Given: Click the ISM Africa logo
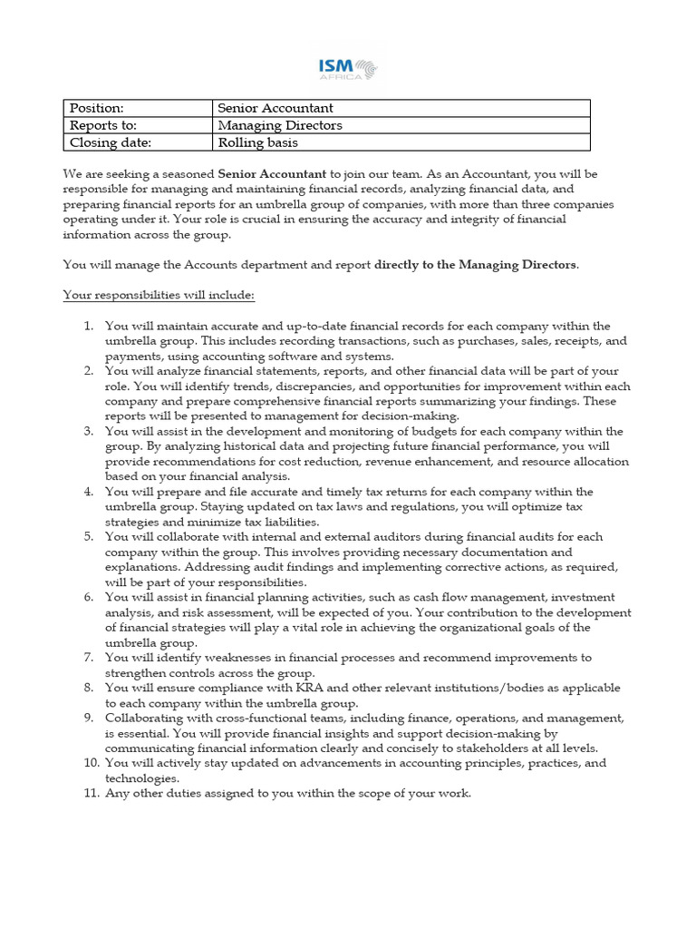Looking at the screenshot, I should pos(348,69).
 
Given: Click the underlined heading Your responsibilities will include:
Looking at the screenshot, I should pos(159,295).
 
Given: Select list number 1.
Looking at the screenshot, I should pos(88,326).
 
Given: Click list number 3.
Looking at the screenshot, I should pos(88,431).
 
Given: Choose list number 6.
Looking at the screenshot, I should pos(88,597).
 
